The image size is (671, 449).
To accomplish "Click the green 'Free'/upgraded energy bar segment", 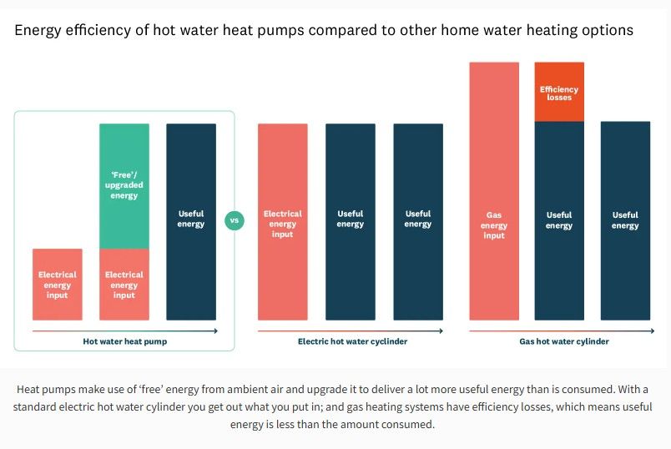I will tap(124, 186).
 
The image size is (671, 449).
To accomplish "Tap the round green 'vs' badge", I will tap(235, 221).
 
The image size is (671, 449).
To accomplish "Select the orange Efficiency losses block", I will tap(559, 92).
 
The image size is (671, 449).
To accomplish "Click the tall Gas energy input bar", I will tap(494, 191).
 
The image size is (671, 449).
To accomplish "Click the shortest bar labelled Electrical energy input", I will tap(57, 285).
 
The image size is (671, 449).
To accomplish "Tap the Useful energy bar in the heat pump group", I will tap(191, 222).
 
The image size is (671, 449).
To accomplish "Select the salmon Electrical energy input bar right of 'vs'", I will tap(283, 222).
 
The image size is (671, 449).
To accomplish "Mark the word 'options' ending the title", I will tap(608, 31).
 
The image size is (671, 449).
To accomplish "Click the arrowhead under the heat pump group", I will tap(215, 331).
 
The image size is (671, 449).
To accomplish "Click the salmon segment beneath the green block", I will tap(124, 285).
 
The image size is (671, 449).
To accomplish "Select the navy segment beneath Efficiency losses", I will tap(559, 221).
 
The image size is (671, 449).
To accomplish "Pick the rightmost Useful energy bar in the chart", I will tap(625, 221).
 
